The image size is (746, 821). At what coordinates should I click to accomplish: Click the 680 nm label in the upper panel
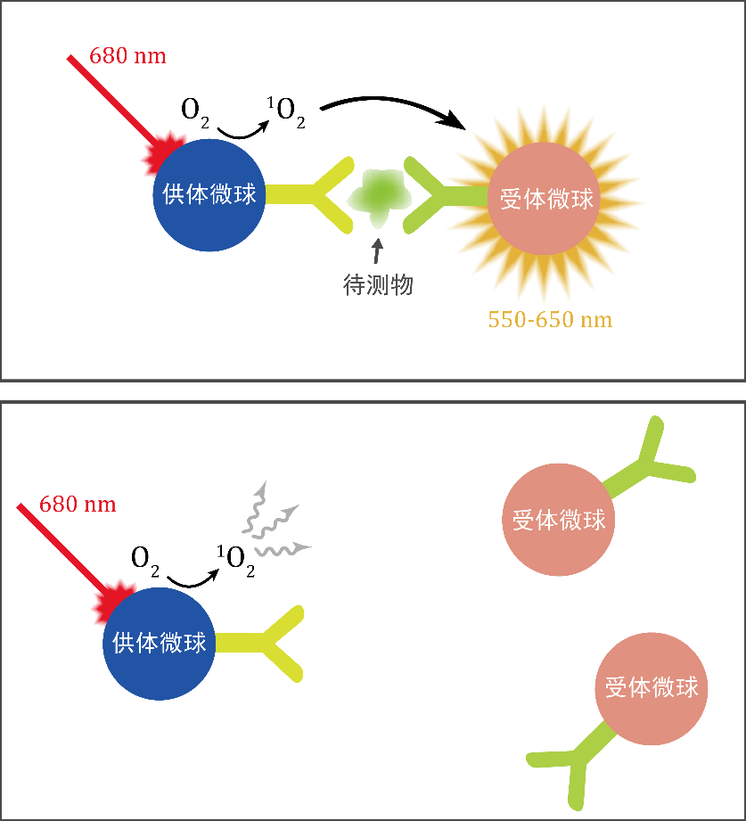coord(127,56)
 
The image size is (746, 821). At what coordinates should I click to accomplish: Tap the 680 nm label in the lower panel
coord(78,505)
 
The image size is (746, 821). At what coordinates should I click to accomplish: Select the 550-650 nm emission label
coord(550,319)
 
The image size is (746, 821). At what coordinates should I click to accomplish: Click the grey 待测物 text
coord(378,285)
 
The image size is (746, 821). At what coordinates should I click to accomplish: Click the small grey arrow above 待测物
coord(378,249)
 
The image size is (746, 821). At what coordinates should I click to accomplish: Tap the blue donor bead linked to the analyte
coord(209,195)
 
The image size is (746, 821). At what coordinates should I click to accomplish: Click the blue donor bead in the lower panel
coord(160,643)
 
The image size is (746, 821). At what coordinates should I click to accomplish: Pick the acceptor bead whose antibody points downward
coord(652,688)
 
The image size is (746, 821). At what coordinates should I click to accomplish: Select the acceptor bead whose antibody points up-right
coord(559,520)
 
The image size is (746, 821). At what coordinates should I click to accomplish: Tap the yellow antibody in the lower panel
coord(263,643)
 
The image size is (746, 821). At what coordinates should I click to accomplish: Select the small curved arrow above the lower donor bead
coord(193,578)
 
